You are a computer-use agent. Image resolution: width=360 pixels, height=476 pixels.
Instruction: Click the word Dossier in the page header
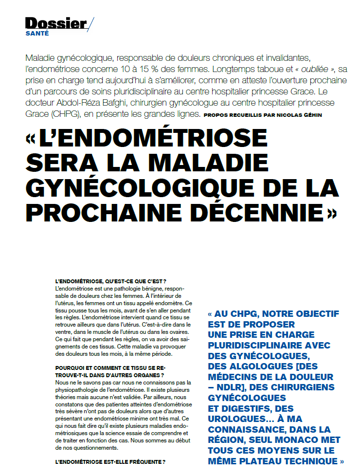[55, 23]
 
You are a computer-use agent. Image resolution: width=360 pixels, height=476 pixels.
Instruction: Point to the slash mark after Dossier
[91, 24]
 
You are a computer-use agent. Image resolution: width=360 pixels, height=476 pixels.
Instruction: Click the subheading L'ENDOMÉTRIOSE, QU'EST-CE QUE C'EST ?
[111, 282]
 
